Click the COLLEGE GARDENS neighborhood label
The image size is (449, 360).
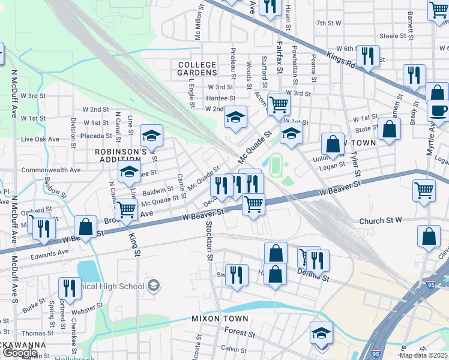196,68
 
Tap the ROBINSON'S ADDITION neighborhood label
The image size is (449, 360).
121,156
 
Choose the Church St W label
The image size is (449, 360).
380,221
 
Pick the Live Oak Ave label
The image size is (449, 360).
40,139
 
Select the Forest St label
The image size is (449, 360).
241,331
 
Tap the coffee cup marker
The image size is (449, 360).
438,110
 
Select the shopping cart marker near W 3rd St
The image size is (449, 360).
279,105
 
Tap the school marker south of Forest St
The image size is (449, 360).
321,332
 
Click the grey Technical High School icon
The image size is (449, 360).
153,284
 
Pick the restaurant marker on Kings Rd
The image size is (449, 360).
367,56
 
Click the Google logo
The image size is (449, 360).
20,353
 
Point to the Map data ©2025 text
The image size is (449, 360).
424,355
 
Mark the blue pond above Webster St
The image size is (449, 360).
88,271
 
